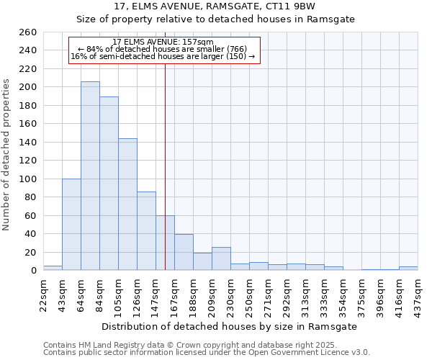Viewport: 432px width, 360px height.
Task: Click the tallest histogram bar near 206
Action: point(90,176)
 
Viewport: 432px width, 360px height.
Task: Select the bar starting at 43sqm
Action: point(71,224)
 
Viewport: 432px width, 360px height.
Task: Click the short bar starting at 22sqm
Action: point(53,268)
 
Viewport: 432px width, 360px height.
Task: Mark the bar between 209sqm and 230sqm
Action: point(221,258)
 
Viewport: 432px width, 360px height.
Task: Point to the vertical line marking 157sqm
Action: point(165,144)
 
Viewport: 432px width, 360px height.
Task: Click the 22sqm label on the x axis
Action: point(43,295)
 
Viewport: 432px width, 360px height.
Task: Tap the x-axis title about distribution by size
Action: point(230,327)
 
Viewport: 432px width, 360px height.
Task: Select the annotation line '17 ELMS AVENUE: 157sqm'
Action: point(163,42)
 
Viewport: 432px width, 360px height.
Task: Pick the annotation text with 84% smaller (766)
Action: point(163,49)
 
